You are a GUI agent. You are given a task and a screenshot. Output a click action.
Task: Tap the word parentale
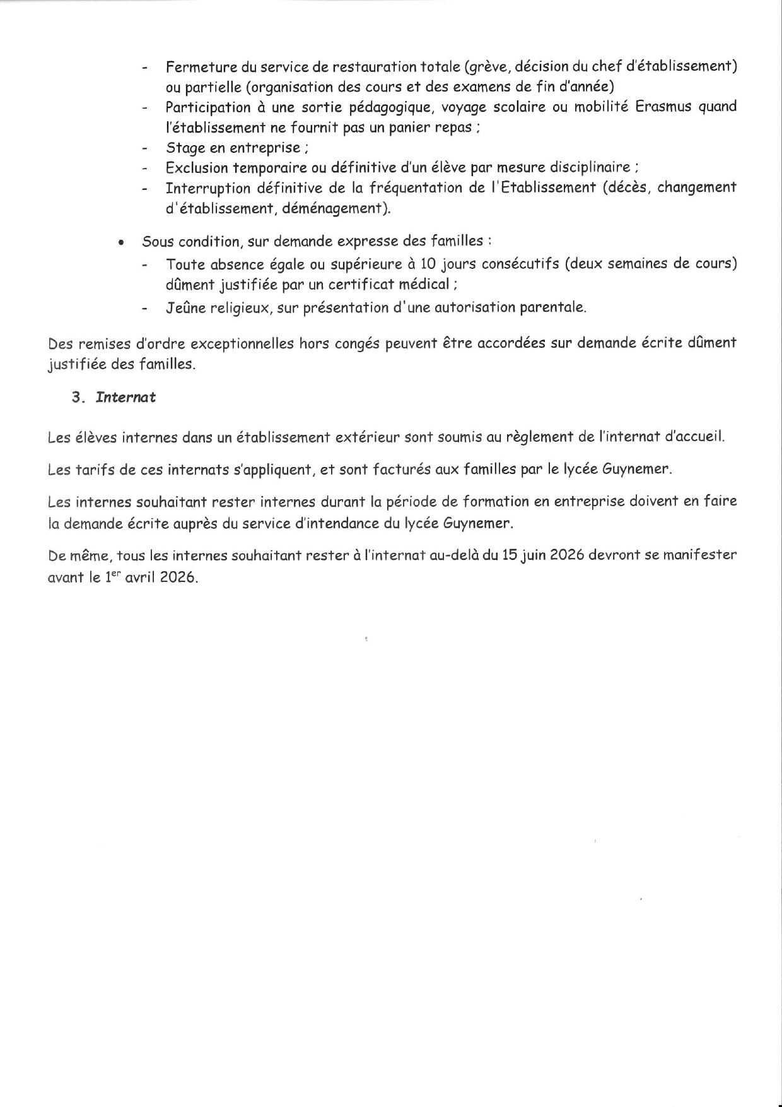tap(552, 308)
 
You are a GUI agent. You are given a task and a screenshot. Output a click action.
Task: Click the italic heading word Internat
tap(125, 398)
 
